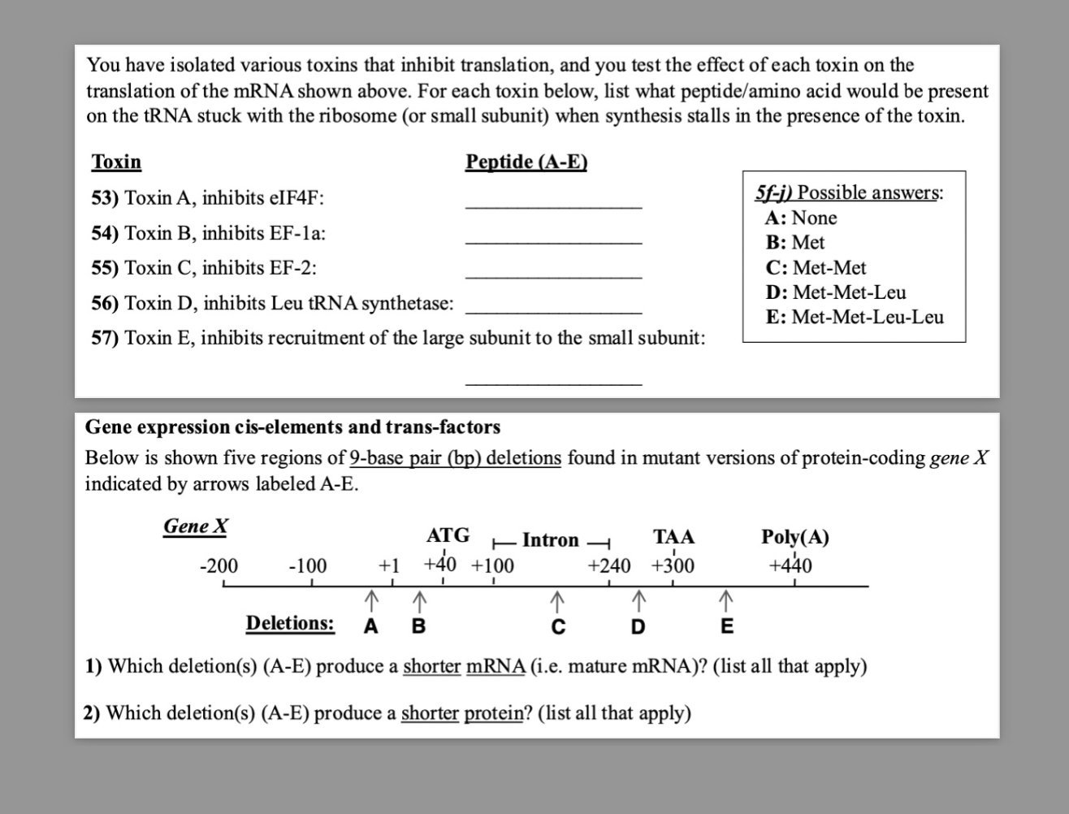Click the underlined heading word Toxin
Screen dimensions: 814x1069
click(x=116, y=162)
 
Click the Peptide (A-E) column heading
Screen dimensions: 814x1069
click(x=526, y=162)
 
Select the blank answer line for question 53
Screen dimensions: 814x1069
click(x=553, y=207)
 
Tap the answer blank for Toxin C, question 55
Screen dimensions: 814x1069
click(x=553, y=277)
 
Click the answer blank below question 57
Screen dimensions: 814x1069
click(x=553, y=383)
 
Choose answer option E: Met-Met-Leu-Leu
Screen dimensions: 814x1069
click(x=855, y=317)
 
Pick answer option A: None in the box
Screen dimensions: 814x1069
click(x=801, y=218)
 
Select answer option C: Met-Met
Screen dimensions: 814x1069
click(x=816, y=267)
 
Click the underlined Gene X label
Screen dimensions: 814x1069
click(x=196, y=526)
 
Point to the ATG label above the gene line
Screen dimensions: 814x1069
click(x=448, y=535)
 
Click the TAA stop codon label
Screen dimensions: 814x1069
click(x=673, y=537)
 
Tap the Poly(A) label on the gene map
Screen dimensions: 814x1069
click(x=794, y=537)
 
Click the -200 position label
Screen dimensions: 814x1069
click(x=219, y=565)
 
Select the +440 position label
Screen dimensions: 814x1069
click(x=790, y=565)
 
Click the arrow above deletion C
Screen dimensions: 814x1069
click(x=556, y=601)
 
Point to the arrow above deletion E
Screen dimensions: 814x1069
click(x=726, y=601)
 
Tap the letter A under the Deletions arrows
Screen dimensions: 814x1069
click(x=370, y=626)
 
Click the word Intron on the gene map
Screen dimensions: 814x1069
click(x=551, y=540)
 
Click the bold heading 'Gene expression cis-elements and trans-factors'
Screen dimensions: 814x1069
click(x=292, y=427)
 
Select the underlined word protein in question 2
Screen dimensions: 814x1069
click(x=493, y=713)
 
